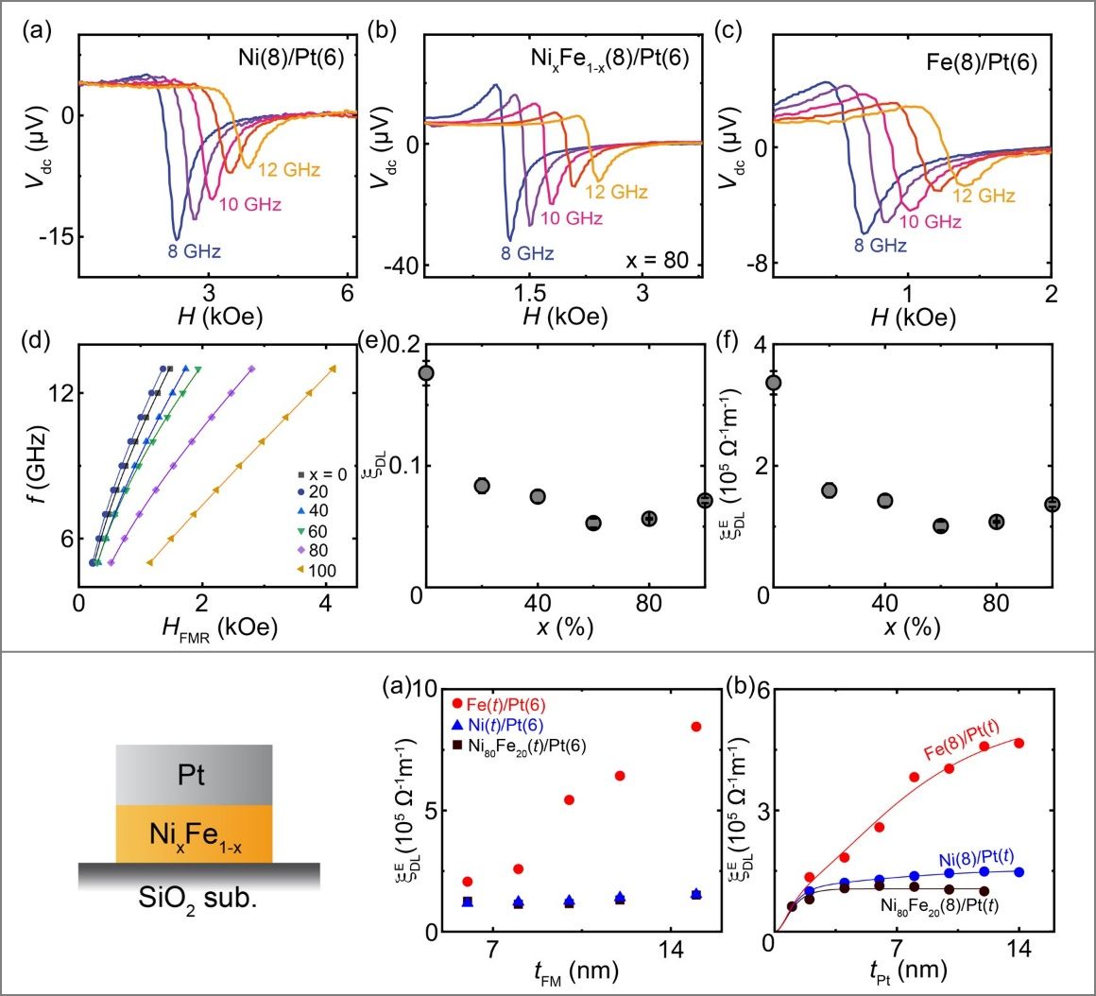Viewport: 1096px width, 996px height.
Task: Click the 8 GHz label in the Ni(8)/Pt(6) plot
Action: click(x=194, y=251)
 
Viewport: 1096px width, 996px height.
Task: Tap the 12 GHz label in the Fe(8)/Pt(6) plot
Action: click(x=984, y=196)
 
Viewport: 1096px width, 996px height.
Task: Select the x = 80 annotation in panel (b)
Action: click(x=657, y=261)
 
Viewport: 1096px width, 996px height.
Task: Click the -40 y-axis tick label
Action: click(x=402, y=266)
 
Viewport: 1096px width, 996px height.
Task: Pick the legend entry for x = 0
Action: click(x=323, y=474)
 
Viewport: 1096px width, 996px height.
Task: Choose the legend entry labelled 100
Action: click(x=317, y=571)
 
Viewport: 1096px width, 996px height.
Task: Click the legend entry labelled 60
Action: click(x=313, y=532)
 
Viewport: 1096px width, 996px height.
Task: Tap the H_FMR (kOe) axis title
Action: click(x=219, y=627)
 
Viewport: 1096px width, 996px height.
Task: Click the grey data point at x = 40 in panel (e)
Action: click(x=538, y=496)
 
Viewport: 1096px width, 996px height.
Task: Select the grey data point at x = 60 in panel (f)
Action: click(x=941, y=525)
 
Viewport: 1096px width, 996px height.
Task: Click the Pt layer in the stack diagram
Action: click(x=195, y=775)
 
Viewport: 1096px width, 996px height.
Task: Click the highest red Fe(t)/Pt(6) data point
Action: click(x=695, y=726)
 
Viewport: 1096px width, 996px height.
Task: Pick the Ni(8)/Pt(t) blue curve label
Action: click(x=976, y=858)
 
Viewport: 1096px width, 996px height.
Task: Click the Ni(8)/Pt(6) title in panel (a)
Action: click(x=291, y=58)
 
